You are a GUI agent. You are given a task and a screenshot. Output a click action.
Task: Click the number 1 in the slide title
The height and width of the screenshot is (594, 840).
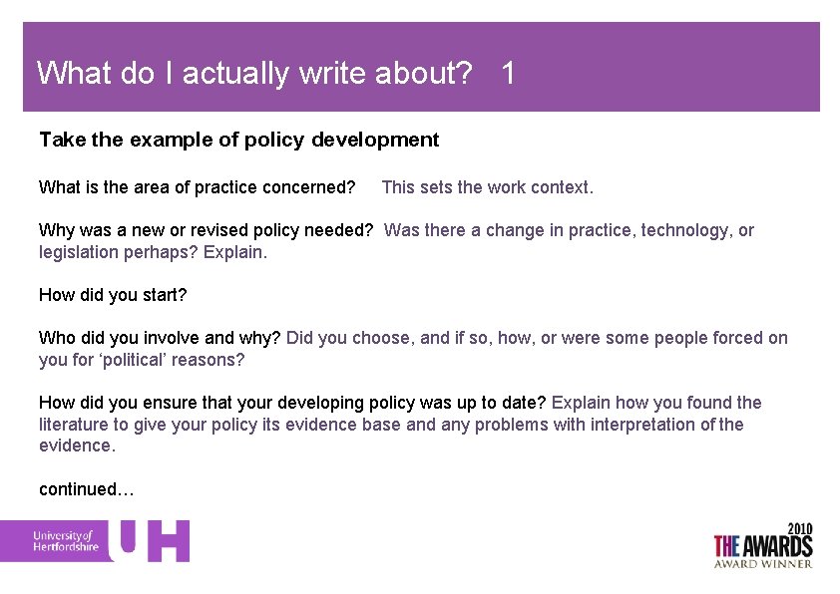pos(509,73)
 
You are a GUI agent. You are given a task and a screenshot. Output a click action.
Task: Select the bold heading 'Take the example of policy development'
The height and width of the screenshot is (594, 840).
pos(238,140)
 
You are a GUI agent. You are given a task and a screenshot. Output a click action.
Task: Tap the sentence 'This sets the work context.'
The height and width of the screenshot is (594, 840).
pos(487,187)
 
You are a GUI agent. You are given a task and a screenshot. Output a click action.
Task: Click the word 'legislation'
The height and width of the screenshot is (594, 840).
pos(79,252)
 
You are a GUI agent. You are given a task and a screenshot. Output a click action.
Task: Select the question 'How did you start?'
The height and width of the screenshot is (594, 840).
pos(113,295)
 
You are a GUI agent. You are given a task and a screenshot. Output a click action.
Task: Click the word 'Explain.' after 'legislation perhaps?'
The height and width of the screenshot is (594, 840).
pos(235,252)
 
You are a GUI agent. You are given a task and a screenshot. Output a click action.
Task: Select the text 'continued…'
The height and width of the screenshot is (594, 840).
pos(86,489)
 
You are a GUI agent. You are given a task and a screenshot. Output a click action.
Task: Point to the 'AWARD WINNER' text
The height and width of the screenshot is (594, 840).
pos(762,563)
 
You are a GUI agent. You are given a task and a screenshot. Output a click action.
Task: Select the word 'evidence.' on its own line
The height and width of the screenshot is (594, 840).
pos(77,446)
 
